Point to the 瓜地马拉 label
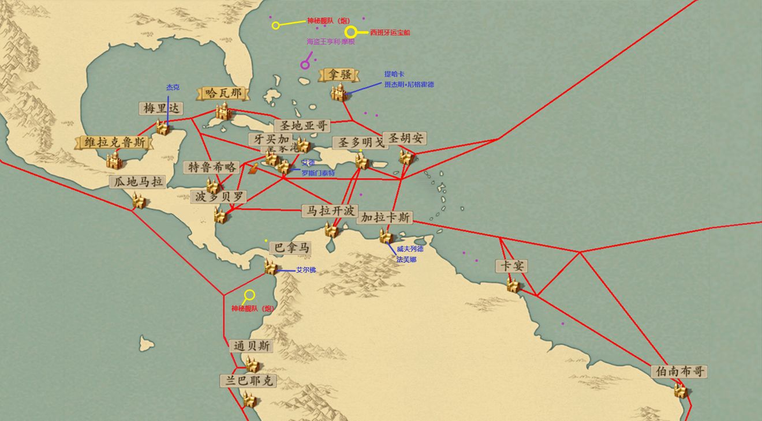point(137,182)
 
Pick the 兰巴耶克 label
point(248,381)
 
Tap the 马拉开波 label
point(330,211)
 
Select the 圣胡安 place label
point(406,138)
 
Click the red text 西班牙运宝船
point(390,32)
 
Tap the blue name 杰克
point(173,87)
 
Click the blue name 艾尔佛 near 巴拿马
point(306,270)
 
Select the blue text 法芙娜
point(406,260)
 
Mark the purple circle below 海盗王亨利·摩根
point(305,65)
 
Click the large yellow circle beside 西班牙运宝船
point(351,32)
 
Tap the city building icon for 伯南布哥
point(681,390)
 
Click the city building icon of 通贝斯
point(252,364)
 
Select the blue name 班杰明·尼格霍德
point(409,84)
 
